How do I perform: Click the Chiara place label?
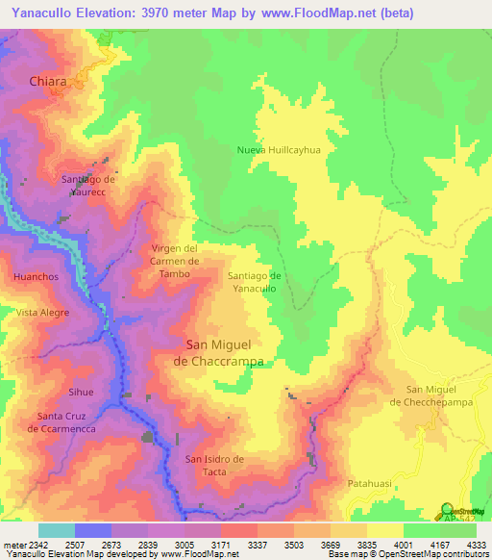[48, 82]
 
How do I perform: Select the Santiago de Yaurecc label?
[88, 185]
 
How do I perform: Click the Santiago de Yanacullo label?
[255, 282]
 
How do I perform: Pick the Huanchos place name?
[37, 277]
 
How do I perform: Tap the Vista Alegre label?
[42, 313]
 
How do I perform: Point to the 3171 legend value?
[236, 544]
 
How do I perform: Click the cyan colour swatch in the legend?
[56, 530]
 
